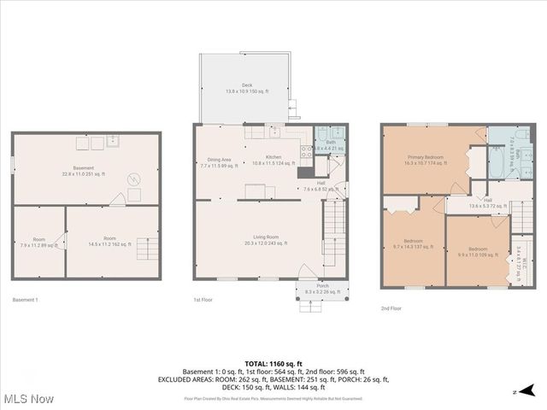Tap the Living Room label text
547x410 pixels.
tap(261, 240)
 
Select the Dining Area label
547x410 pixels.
tap(220, 162)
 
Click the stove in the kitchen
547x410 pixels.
tap(305, 151)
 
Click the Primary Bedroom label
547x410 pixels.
tap(424, 160)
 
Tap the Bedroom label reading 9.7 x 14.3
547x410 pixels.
tap(414, 243)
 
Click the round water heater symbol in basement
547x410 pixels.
tap(134, 179)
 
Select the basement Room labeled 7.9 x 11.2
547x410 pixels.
tap(39, 242)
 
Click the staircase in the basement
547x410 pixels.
tap(147, 250)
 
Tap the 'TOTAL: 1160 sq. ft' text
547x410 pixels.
tap(273, 364)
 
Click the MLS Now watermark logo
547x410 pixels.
tap(29, 399)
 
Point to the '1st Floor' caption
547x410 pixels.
tap(203, 300)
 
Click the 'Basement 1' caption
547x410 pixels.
tap(26, 300)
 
